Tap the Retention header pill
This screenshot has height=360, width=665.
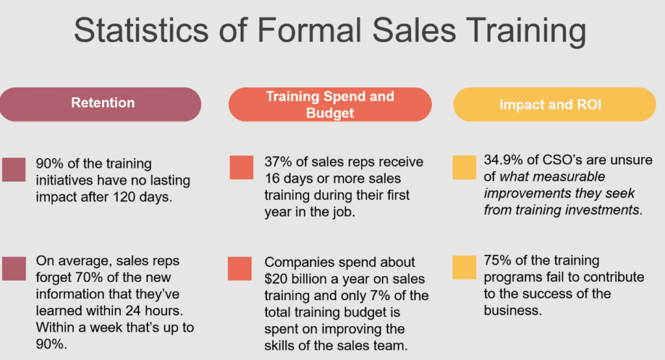tap(103, 103)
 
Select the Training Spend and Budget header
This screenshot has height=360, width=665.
tap(329, 105)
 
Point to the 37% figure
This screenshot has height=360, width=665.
tap(277, 162)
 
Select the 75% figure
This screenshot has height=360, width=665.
tap(497, 261)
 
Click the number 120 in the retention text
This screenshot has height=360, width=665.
tap(139, 196)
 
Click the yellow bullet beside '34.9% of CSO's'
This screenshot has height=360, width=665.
tap(464, 166)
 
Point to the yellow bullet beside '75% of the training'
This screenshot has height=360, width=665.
tap(464, 266)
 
